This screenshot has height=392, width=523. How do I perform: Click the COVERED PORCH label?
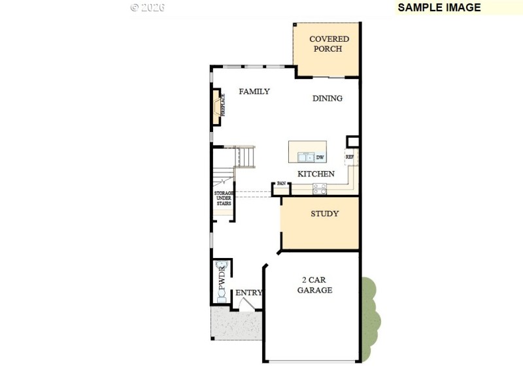329,44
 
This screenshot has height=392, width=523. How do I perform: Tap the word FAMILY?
254,91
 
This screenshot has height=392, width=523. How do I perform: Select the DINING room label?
327,99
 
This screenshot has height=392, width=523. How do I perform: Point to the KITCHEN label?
316,174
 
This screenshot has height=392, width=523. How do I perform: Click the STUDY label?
324,214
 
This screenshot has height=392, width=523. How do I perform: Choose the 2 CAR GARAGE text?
314,285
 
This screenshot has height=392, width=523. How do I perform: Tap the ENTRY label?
248,293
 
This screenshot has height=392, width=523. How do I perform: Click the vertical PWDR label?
222,278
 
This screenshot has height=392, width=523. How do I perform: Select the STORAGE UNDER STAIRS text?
224,198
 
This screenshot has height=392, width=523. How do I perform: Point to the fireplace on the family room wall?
216,106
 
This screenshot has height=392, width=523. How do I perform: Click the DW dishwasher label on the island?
320,157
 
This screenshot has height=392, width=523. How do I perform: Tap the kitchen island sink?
305,157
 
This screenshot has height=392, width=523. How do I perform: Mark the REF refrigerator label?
349,157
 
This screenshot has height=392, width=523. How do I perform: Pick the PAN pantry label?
281,184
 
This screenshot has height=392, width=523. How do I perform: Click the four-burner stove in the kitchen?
320,188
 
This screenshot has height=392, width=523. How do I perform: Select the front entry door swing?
246,304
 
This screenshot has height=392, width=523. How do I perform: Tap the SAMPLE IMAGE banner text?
439,8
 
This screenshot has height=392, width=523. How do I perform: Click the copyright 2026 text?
147,8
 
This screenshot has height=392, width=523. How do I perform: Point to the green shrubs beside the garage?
370,319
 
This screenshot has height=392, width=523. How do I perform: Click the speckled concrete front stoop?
235,325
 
